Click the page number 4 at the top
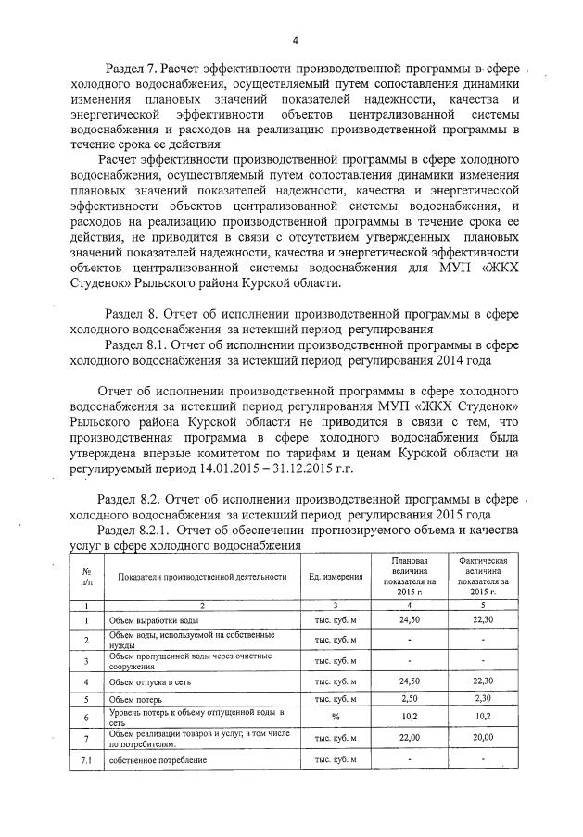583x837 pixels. coord(294,40)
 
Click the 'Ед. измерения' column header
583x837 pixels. coord(336,577)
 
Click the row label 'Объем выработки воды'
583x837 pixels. coord(153,619)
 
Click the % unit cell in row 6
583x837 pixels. coord(336,717)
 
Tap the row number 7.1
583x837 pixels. coord(85,760)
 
